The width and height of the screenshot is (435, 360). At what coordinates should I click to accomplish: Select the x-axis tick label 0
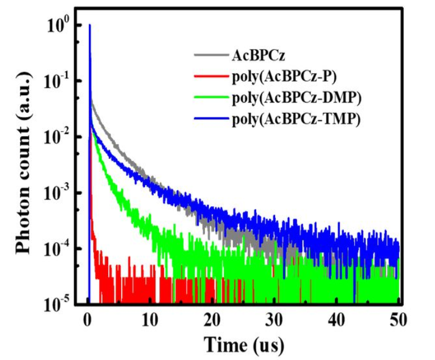[x=88, y=320]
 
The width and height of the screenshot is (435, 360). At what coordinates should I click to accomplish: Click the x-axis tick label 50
[x=398, y=320]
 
